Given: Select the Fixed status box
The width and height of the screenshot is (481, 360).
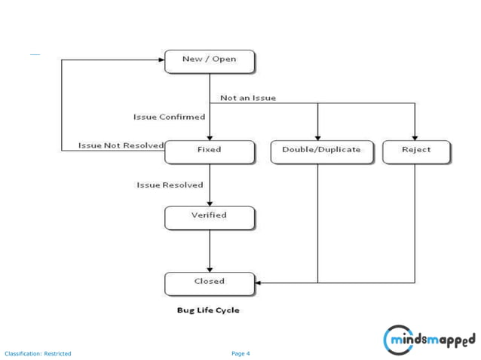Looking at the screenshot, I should [210, 151].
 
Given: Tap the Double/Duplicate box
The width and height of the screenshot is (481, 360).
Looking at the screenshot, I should [317, 151].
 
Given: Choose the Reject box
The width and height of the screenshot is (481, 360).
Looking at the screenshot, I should [416, 151].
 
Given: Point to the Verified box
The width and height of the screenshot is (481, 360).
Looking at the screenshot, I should [210, 217].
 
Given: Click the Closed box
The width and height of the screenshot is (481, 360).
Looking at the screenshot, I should [210, 282].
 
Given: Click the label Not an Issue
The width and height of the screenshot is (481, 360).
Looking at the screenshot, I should [248, 98].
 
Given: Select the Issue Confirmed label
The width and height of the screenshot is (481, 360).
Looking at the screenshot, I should [169, 117].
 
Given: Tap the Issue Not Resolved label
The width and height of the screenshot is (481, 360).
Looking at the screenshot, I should [121, 145].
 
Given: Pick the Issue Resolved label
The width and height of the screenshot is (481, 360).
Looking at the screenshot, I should [170, 185].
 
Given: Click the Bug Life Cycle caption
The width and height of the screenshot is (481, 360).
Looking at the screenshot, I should [208, 310].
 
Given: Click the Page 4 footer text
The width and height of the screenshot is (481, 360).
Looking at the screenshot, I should [240, 353].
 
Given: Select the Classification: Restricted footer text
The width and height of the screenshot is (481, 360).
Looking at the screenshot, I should [38, 353].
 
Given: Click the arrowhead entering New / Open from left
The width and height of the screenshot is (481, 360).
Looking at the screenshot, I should [161, 59].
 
